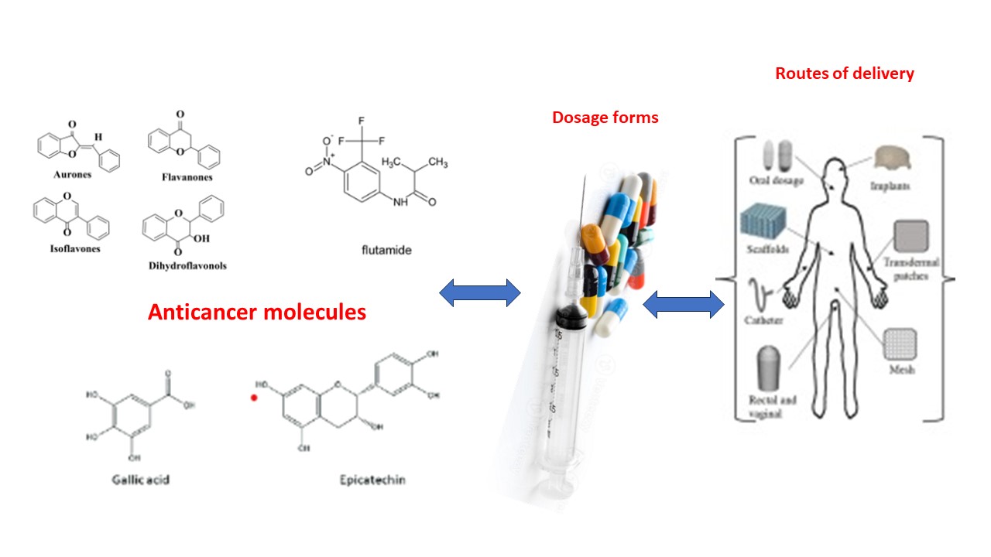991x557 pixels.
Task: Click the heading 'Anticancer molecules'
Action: point(256,312)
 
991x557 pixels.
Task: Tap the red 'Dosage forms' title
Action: point(605,118)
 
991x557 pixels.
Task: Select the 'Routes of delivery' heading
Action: point(845,73)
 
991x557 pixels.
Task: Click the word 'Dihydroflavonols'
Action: point(189,266)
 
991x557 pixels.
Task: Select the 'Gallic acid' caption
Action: point(140,480)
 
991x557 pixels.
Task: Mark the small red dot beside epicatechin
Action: point(253,398)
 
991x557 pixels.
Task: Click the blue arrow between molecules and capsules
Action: point(480,292)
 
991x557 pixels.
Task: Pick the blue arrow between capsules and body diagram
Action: point(684,304)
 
